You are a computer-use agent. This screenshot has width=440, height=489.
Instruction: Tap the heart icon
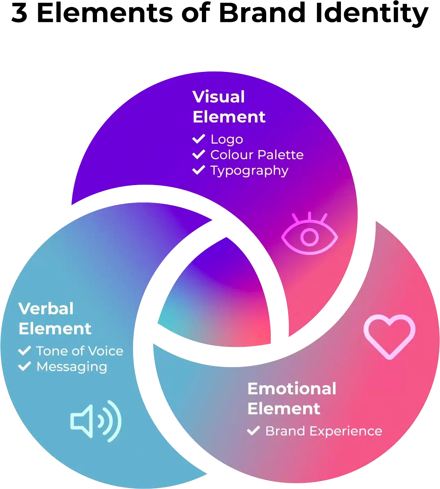[389, 336]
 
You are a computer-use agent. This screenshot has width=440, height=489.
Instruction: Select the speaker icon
[96, 421]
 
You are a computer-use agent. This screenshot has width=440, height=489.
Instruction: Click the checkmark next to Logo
[198, 139]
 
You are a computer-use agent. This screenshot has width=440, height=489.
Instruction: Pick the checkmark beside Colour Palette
[198, 155]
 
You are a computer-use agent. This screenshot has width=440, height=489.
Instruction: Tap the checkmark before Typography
[198, 170]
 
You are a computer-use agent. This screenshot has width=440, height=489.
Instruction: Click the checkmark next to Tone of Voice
[25, 351]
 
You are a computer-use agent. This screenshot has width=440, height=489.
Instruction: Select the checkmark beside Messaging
[25, 366]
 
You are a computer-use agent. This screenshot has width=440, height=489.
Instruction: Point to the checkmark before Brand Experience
[253, 431]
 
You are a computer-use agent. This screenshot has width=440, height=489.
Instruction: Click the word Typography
[249, 171]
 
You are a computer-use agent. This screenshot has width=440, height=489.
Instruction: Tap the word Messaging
[72, 367]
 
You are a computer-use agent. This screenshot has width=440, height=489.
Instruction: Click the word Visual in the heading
[219, 97]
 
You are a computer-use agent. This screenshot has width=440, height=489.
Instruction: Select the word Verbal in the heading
[46, 309]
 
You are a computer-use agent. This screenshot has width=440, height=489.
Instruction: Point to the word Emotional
[292, 389]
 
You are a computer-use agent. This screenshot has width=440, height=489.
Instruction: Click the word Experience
[346, 431]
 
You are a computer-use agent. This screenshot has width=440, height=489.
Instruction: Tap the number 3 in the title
[19, 13]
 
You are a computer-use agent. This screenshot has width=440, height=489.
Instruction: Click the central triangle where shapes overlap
[219, 299]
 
